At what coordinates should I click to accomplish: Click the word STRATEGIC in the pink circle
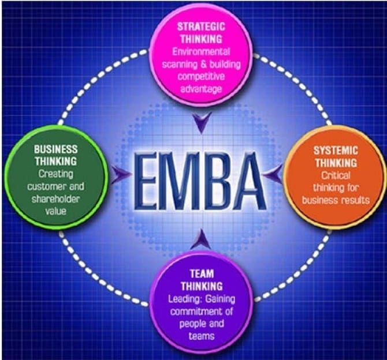click(201, 27)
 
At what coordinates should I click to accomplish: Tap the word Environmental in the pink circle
click(201, 52)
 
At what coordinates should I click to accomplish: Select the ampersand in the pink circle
click(203, 65)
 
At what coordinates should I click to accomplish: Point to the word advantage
click(201, 89)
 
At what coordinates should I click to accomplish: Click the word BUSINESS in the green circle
click(56, 149)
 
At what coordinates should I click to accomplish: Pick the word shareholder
click(56, 199)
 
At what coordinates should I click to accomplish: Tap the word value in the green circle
click(56, 211)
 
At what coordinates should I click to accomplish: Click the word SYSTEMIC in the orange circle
click(336, 151)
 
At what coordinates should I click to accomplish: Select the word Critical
click(336, 175)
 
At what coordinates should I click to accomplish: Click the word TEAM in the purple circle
click(202, 273)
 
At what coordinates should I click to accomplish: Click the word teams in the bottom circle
click(202, 336)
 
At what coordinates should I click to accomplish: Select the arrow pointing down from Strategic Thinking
click(202, 122)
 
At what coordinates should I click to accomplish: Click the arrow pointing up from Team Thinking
click(202, 239)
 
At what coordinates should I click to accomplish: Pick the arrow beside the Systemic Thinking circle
click(273, 175)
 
